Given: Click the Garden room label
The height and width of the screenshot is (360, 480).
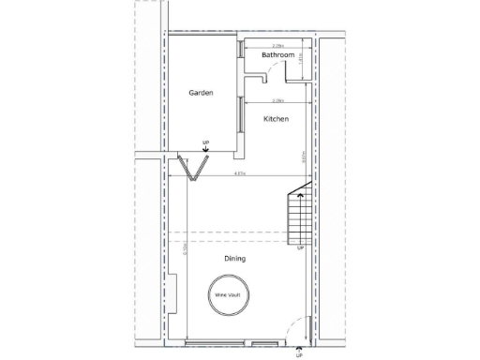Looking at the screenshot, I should coord(201,93).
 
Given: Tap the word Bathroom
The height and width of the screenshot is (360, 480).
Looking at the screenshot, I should coord(277,55).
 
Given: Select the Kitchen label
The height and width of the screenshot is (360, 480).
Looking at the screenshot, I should coord(276,119).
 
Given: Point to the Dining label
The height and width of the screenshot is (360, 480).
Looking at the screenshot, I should coord(234,258).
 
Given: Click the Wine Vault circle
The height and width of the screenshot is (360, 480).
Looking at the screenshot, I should coord(228,293).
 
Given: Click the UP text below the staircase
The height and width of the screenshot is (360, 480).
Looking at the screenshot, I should coord(300,248).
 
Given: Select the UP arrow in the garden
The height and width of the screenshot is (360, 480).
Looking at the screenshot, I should coord(205,144).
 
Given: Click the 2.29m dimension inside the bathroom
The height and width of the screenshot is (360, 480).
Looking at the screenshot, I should coord(277,44).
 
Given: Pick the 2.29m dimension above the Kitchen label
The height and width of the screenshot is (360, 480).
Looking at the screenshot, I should coord(277,100).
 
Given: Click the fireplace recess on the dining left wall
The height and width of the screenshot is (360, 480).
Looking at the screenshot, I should coord(173,290).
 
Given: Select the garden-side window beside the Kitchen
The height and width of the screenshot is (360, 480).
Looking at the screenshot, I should coord(241,112).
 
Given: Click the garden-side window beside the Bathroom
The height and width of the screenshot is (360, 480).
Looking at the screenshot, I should coord(241,52).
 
